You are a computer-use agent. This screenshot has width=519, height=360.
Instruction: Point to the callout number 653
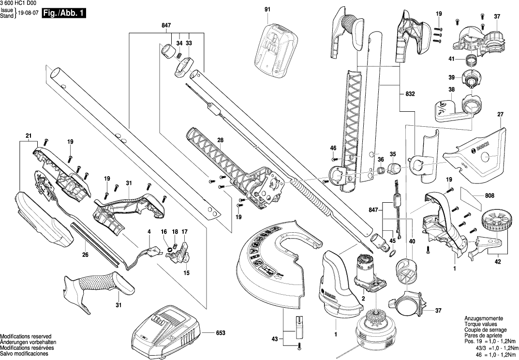click(221, 333)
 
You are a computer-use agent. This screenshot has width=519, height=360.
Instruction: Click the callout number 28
click(220, 141)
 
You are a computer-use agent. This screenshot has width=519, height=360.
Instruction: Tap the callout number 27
click(500, 115)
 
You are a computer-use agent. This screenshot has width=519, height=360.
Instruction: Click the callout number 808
click(489, 196)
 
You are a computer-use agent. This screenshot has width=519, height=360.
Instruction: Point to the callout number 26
click(85, 255)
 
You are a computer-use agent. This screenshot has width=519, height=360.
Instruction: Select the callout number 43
click(275, 339)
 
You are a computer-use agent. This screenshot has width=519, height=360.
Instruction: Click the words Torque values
click(478, 324)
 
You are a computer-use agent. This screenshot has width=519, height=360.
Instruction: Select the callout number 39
click(451, 77)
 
